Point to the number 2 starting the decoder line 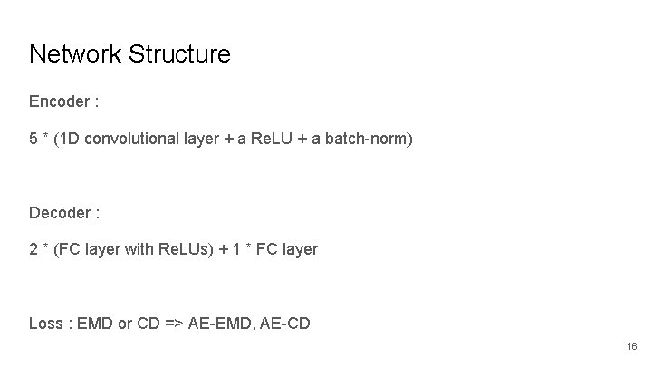(x=34, y=248)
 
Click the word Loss (x=45, y=324)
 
